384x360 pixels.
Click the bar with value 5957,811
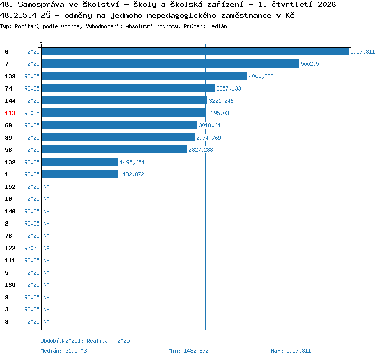[x=195, y=51]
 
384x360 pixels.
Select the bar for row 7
[x=170, y=63]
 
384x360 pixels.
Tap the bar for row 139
[x=144, y=76]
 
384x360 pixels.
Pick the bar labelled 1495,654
[x=80, y=162]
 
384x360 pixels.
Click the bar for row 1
[x=80, y=174]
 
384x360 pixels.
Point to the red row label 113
[x=10, y=113]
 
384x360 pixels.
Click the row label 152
[x=10, y=187]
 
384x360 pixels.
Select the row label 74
[x=8, y=88]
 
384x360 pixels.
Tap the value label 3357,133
[x=228, y=88]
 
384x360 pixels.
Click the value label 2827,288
[x=201, y=150]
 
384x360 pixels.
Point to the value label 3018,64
[x=209, y=125]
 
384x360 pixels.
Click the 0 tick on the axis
[x=41, y=41]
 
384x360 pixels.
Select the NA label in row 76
[x=46, y=236]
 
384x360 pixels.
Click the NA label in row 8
[x=46, y=322]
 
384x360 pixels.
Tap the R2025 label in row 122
[x=32, y=248]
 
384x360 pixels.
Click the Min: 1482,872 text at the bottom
[x=188, y=351]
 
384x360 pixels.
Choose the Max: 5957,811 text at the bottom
[x=291, y=351]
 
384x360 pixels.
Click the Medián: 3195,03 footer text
[x=63, y=351]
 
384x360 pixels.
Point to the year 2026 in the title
[x=327, y=4]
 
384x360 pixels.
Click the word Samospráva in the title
[x=41, y=5]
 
